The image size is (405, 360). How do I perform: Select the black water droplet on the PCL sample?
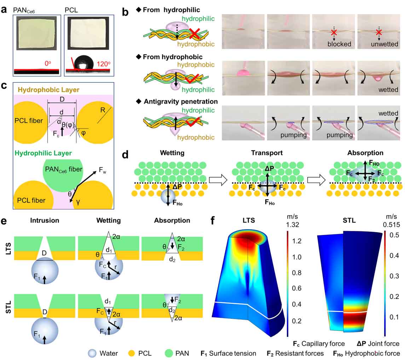(84, 62)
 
